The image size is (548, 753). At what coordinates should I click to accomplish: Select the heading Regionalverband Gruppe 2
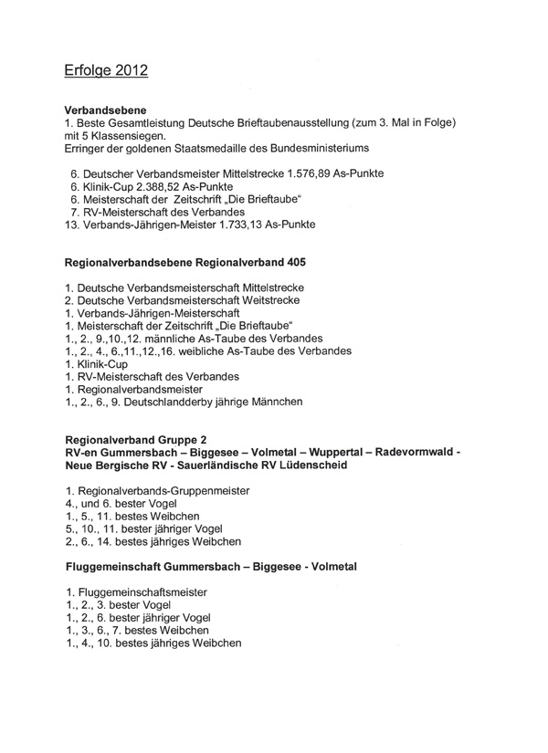142,439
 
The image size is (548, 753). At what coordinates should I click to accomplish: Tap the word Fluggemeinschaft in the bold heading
119,566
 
